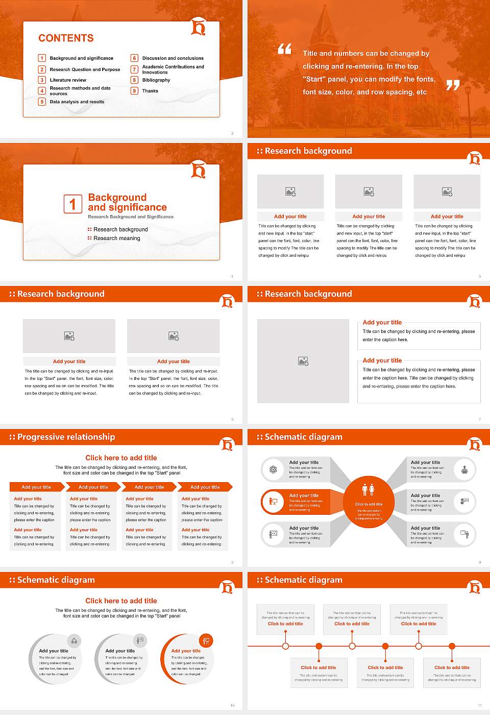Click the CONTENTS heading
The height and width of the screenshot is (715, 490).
[x=66, y=38]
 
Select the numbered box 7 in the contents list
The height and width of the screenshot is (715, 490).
[x=135, y=69]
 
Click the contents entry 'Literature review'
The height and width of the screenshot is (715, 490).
[x=68, y=80]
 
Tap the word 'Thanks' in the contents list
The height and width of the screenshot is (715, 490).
[x=150, y=91]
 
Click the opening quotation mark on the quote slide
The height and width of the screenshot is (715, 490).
[x=285, y=49]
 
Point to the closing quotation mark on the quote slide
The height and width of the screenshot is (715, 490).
[x=453, y=85]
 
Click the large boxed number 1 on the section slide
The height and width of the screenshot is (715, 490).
[x=72, y=204]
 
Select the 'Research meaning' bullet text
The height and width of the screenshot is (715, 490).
[x=116, y=239]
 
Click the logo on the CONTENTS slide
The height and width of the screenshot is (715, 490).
[x=198, y=27]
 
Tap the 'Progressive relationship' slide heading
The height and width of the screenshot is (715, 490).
[x=66, y=437]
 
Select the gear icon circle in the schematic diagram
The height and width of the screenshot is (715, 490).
[x=273, y=469]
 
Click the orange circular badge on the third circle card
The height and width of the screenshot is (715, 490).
[x=206, y=640]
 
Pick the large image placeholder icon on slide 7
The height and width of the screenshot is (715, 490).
[x=303, y=361]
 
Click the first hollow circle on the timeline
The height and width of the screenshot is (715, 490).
[x=285, y=646]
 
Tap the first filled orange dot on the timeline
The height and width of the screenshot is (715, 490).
[x=319, y=646]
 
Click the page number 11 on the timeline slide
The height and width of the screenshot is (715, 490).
[x=479, y=705]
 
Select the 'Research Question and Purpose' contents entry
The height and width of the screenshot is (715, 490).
[x=85, y=69]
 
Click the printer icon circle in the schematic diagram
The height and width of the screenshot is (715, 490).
[x=464, y=469]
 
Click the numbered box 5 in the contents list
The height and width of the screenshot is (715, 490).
[x=42, y=102]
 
